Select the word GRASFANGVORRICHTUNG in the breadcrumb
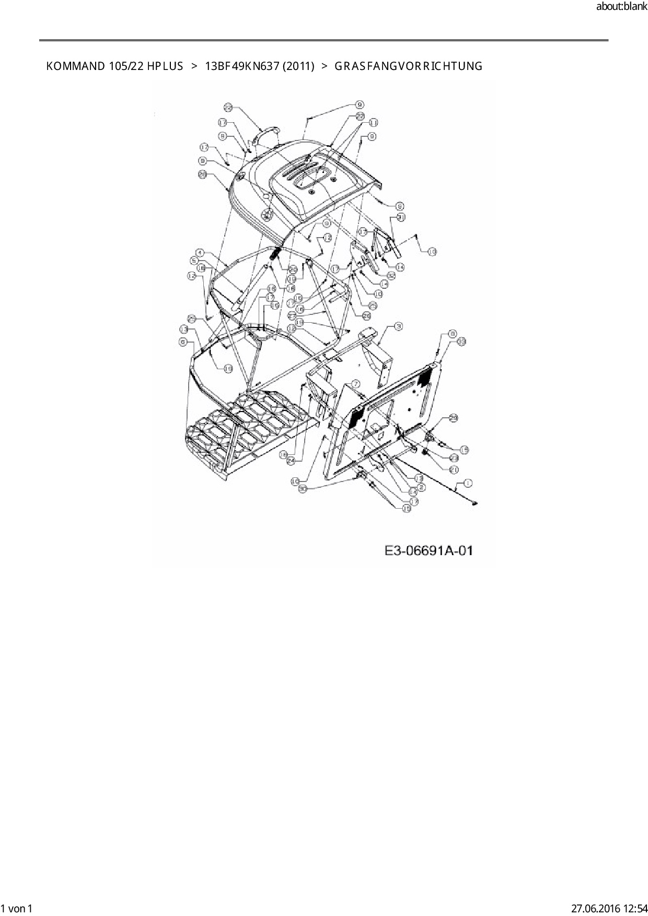[408, 66]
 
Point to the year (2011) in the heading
[298, 66]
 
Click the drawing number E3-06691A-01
[429, 551]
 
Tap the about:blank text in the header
[621, 7]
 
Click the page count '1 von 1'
[17, 908]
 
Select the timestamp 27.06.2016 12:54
[607, 908]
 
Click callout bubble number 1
[468, 483]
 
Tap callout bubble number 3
[398, 326]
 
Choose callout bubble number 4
[199, 253]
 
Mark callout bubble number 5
[194, 260]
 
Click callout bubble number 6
[183, 341]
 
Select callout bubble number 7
[355, 384]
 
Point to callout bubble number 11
[373, 123]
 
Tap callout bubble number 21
[454, 469]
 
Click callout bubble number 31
[401, 216]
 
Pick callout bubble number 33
[461, 341]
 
